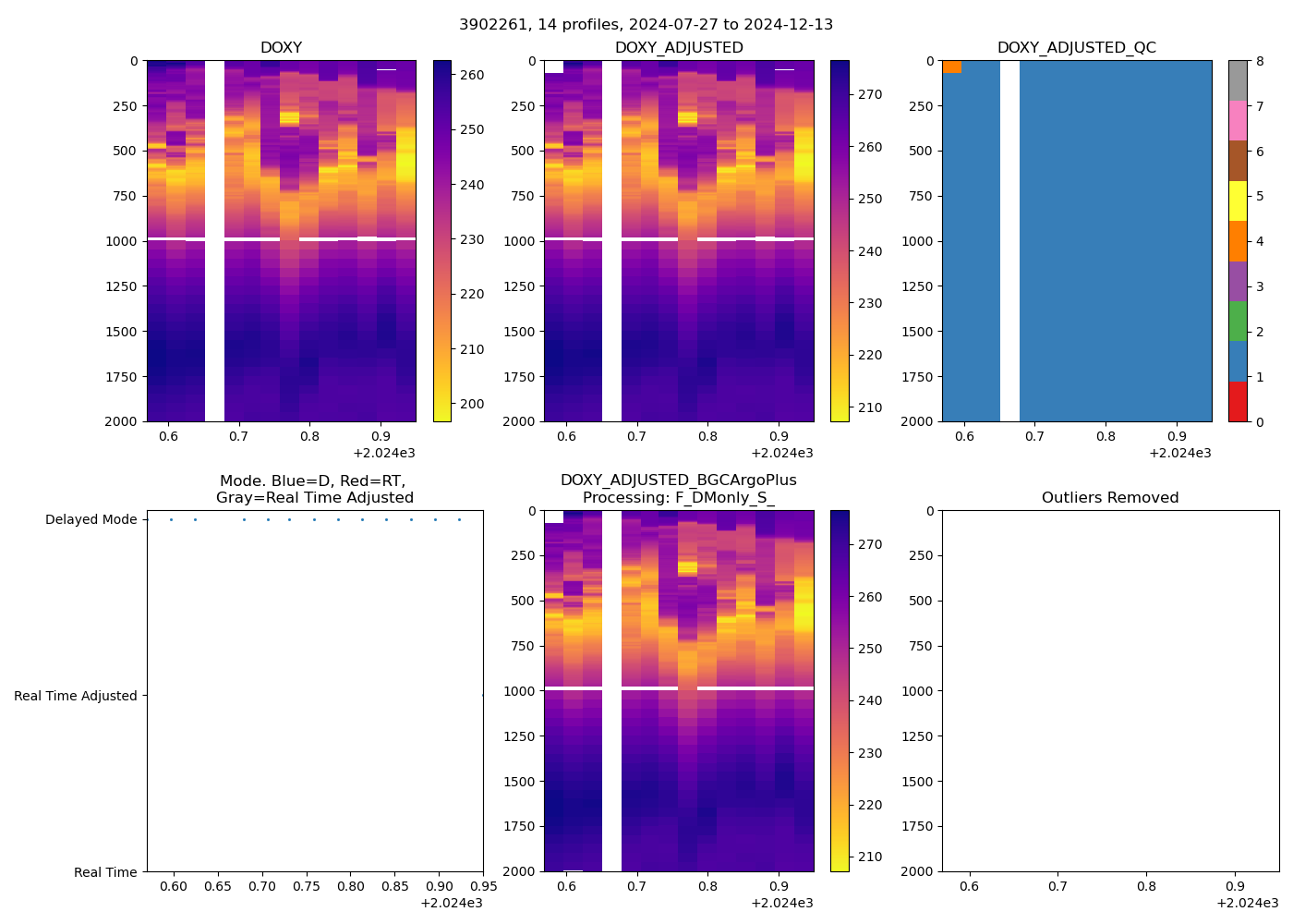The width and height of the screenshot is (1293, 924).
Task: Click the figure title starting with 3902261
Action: tap(646, 25)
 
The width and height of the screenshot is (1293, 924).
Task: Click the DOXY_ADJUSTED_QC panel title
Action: tap(1076, 48)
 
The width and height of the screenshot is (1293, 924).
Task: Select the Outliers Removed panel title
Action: tap(1109, 498)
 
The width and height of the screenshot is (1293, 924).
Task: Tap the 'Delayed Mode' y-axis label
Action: tap(91, 520)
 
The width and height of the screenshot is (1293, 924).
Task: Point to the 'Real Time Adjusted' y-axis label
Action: tap(75, 697)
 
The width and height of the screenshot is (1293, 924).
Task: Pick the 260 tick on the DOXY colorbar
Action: tap(472, 75)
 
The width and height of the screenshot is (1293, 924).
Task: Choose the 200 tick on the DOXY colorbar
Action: tap(472, 404)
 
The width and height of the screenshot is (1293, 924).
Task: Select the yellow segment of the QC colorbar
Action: tap(1238, 201)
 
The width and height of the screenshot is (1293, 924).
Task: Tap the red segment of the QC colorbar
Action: tap(1238, 402)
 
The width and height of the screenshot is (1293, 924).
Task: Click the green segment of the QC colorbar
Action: tap(1238, 321)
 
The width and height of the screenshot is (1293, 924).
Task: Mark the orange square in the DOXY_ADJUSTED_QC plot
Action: tap(952, 67)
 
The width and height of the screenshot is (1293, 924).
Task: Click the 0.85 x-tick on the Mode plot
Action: tap(394, 887)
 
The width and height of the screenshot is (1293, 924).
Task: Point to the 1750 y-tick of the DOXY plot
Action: tap(122, 377)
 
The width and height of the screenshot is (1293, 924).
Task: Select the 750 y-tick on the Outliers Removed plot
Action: tap(918, 647)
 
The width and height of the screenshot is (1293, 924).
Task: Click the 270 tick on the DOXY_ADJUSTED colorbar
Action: tap(869, 94)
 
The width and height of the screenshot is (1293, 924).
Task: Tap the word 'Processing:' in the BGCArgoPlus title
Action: tap(619, 498)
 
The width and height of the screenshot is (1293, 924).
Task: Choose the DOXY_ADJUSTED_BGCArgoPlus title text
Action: tap(678, 480)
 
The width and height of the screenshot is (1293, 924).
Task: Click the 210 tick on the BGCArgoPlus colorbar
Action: tap(869, 857)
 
